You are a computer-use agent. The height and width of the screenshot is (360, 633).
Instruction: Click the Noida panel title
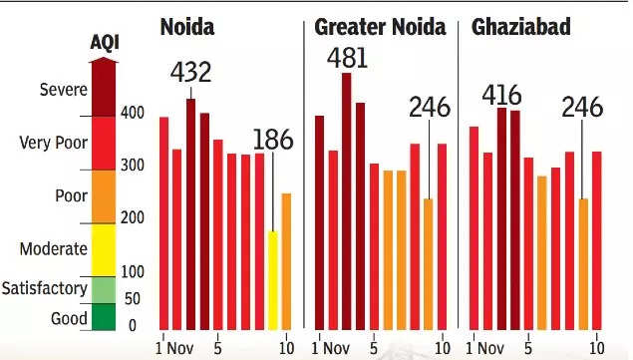tap(187, 27)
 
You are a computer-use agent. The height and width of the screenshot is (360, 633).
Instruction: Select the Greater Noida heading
tap(380, 27)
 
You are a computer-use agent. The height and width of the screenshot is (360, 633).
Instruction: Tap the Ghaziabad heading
tap(520, 27)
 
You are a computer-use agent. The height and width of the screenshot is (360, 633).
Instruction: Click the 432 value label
tap(190, 73)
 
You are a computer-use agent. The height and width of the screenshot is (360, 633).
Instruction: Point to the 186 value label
tap(273, 140)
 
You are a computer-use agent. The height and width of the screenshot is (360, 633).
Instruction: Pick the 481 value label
tap(347, 58)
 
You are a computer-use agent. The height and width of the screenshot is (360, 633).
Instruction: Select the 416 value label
tap(501, 95)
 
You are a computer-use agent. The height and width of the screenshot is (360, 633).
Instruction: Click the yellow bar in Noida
tap(273, 280)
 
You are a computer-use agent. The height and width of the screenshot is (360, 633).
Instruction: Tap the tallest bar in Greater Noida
tap(346, 201)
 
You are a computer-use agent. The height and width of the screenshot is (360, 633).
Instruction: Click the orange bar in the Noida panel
tap(286, 262)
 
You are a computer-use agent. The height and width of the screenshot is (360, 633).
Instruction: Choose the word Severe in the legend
tap(64, 90)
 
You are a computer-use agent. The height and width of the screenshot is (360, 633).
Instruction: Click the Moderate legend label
tap(53, 248)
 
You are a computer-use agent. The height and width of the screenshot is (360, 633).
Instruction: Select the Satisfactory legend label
tap(45, 288)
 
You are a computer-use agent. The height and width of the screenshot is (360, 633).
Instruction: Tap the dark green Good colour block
tap(104, 317)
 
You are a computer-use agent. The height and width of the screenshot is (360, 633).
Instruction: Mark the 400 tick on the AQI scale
tap(133, 113)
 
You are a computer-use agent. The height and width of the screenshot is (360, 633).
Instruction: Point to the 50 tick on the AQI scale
tap(133, 298)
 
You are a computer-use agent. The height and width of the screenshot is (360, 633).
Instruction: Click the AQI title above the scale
tap(105, 42)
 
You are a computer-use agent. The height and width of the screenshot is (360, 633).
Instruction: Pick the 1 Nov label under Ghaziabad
tap(484, 348)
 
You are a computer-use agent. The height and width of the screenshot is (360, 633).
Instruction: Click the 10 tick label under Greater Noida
tap(442, 348)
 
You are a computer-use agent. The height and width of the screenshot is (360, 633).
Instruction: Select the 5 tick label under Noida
tap(217, 348)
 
